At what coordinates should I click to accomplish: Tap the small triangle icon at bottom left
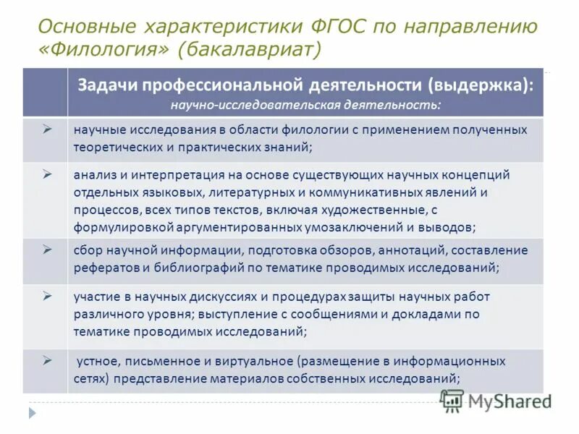pos(31,413)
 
